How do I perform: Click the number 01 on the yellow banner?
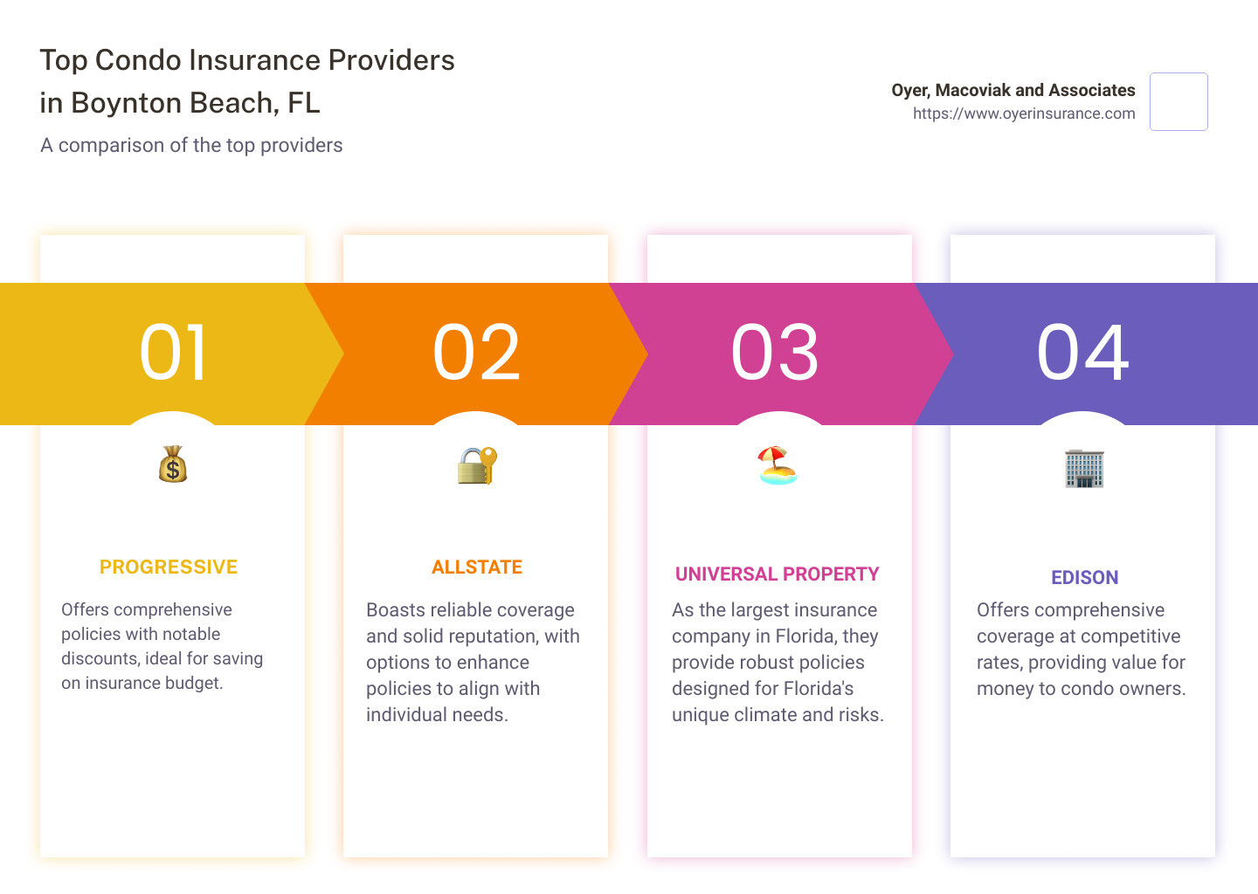174,353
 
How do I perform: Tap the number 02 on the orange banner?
477,353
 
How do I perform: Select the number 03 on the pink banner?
775,353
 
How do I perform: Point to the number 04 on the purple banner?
1083,353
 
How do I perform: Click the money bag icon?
173,464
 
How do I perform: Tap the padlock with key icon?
477,465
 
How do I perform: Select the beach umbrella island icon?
778,465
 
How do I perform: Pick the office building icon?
1084,468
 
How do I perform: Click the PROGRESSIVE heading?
169,567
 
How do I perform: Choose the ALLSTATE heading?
477,567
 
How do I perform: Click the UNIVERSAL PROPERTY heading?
777,574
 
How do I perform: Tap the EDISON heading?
1084,578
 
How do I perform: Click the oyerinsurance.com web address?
1024,113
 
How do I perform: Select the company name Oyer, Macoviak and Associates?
1013,90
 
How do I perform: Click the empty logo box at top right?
1179,102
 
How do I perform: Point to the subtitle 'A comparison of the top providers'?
191,145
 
